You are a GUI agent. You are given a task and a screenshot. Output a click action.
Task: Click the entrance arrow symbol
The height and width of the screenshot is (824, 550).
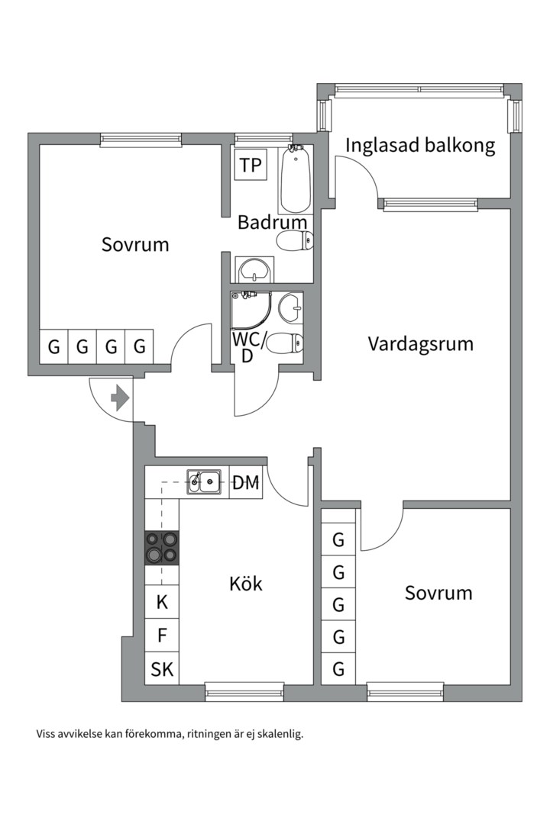tap(120, 398)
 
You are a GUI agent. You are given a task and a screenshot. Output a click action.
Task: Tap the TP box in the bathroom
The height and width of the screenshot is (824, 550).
tap(250, 165)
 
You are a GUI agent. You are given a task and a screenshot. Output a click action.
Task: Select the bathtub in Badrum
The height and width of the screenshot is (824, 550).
tap(295, 180)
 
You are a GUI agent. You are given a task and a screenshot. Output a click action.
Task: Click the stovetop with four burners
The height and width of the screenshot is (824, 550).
tap(163, 547)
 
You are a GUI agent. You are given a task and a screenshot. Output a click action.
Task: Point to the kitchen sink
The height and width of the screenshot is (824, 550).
tap(204, 481)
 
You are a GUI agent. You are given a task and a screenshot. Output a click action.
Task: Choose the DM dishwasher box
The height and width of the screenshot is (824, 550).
tap(246, 482)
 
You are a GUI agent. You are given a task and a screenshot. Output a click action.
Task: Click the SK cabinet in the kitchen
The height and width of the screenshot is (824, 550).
tap(162, 670)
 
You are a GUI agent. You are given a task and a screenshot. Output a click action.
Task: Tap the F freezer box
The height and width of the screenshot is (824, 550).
tap(162, 636)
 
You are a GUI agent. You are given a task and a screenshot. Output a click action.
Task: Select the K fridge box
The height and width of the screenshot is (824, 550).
tap(162, 602)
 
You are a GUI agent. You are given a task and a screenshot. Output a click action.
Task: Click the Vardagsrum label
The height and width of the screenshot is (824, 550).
tap(420, 343)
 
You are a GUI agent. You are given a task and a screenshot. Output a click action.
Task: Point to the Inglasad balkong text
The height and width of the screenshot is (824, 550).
tap(420, 145)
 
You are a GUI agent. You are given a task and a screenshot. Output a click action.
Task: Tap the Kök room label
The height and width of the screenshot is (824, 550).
tap(246, 584)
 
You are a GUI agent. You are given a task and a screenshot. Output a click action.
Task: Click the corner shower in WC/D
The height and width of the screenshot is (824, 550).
tap(250, 309)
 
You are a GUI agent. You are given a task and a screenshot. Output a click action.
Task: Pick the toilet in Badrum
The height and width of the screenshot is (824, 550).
tap(294, 243)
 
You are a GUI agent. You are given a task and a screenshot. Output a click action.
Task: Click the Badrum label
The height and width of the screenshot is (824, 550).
tap(272, 223)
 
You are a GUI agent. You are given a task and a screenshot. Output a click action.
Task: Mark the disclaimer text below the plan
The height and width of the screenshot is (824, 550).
tap(170, 734)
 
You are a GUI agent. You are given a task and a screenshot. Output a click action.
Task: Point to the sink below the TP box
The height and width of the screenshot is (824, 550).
tap(252, 269)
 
